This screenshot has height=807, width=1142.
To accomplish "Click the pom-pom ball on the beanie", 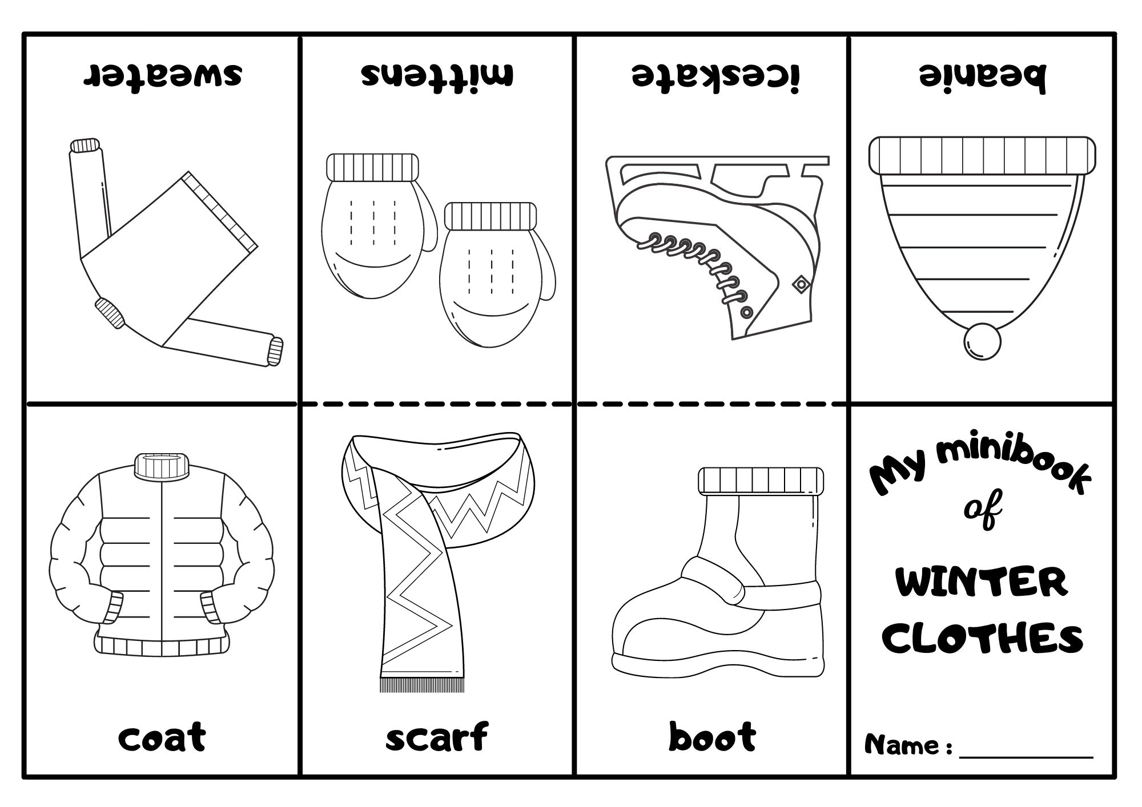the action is coord(982,342).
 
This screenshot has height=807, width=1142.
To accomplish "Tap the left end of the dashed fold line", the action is coord(303,403).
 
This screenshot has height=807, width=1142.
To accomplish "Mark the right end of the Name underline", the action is coord(1093,758).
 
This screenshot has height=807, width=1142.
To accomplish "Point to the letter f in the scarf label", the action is coord(477,737).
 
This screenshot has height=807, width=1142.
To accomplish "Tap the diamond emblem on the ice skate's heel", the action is coord(801,283).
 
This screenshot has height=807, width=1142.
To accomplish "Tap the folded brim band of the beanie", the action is coord(982,155).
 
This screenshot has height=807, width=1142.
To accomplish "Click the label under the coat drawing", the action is coord(162,737).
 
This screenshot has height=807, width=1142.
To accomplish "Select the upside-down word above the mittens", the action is coord(437,75).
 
